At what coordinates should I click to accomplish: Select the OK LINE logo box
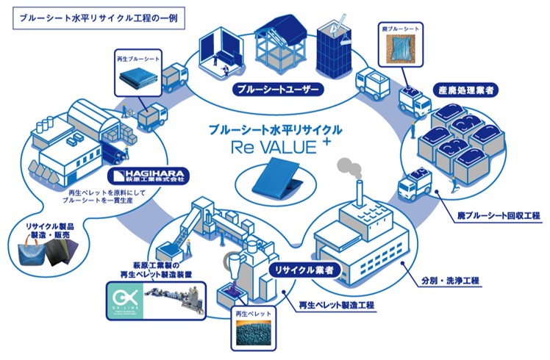[x=126, y=300]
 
